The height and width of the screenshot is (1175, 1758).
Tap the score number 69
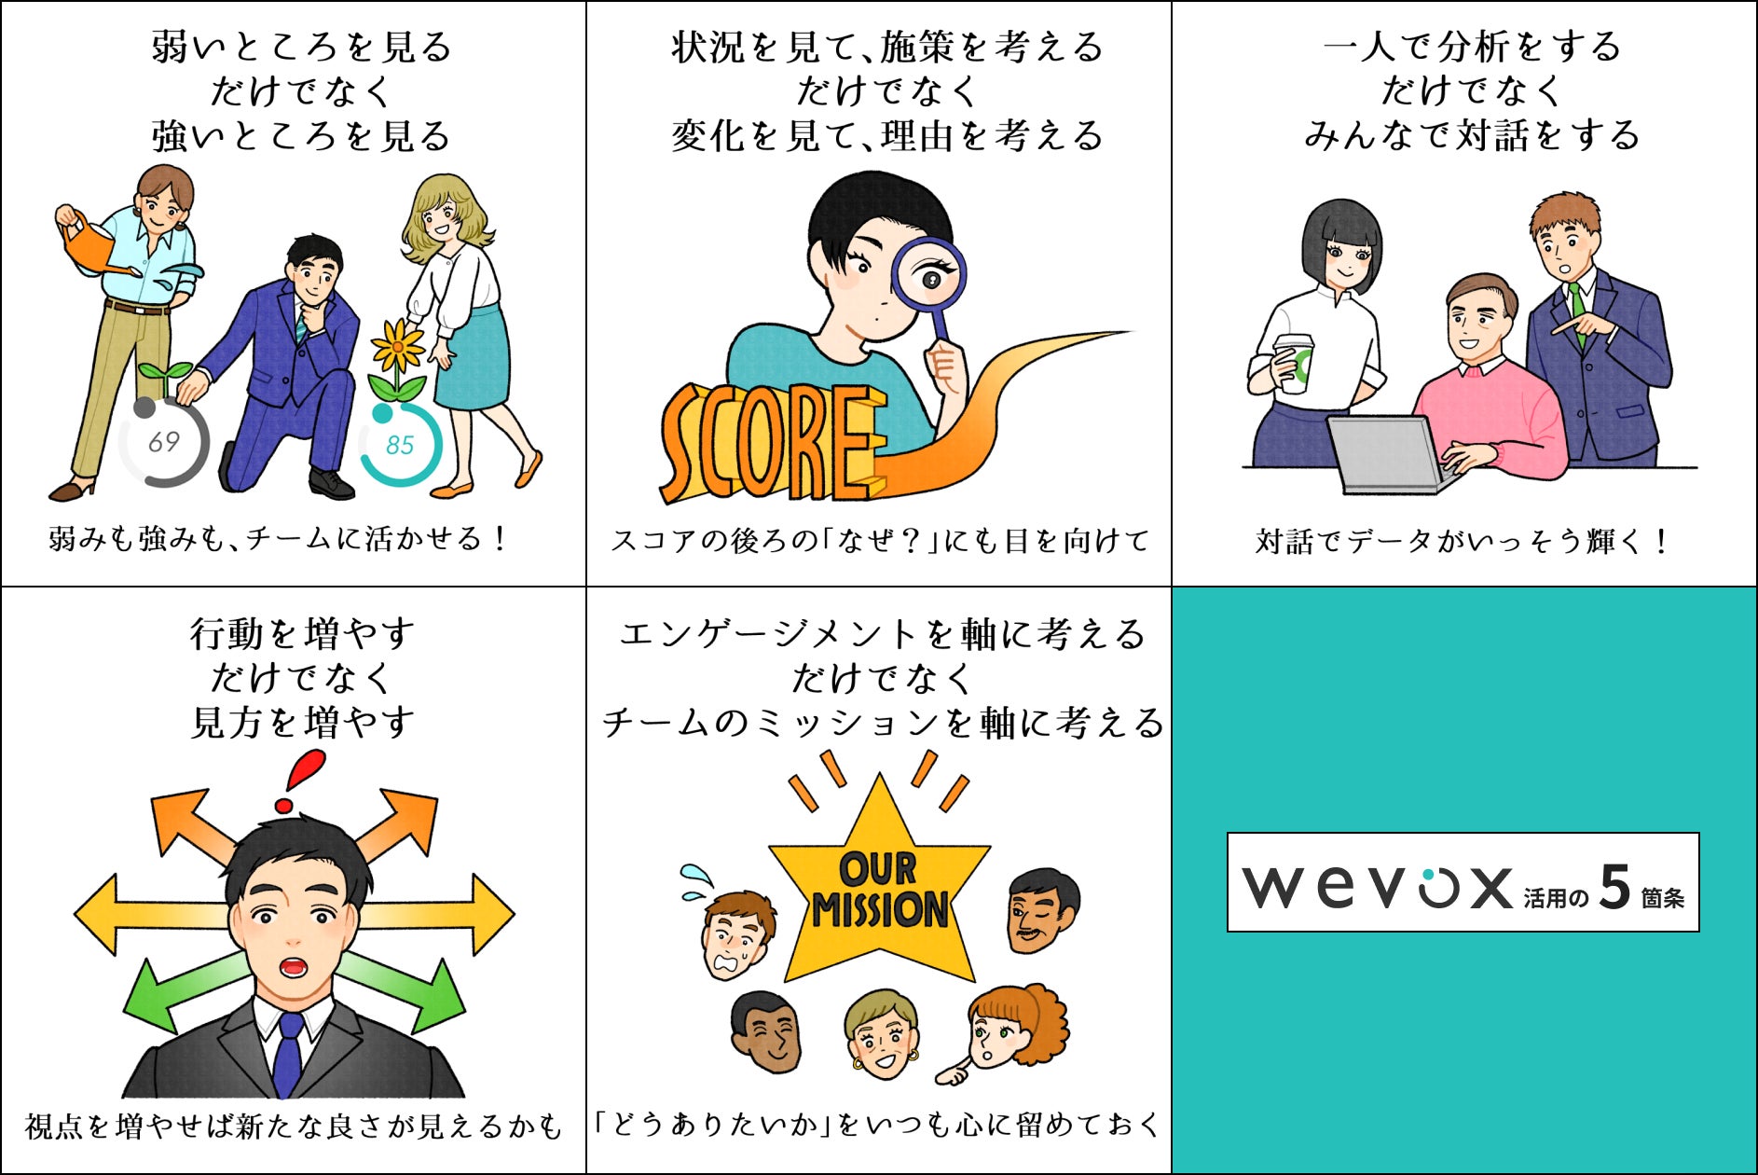[164, 441]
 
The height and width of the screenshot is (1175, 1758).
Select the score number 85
[400, 445]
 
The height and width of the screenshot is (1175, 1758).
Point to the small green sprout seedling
[165, 376]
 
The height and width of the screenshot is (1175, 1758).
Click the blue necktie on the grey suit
[289, 1053]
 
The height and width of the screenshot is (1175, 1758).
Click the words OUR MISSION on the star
[878, 891]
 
